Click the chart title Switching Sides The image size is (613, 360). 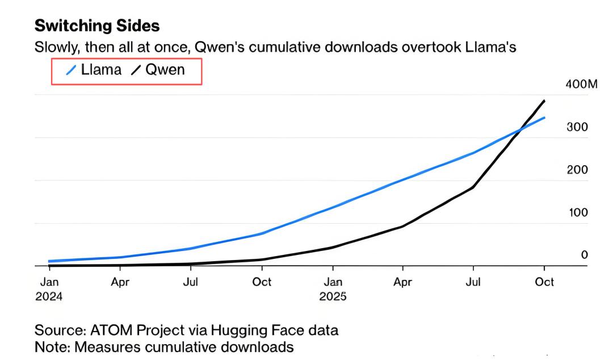[x=97, y=26]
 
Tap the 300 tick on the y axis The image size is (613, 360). [x=577, y=127]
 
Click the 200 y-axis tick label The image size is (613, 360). [x=577, y=170]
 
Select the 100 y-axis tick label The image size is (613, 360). [x=577, y=212]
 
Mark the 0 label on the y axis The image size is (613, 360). [x=584, y=255]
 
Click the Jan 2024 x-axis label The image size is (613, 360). [x=49, y=288]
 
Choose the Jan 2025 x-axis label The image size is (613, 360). [x=333, y=288]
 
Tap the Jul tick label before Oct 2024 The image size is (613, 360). [x=191, y=282]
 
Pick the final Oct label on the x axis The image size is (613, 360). [x=544, y=282]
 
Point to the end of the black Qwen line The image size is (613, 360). [x=544, y=101]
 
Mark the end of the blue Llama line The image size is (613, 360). [x=544, y=118]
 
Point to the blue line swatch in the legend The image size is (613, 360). [x=72, y=70]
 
